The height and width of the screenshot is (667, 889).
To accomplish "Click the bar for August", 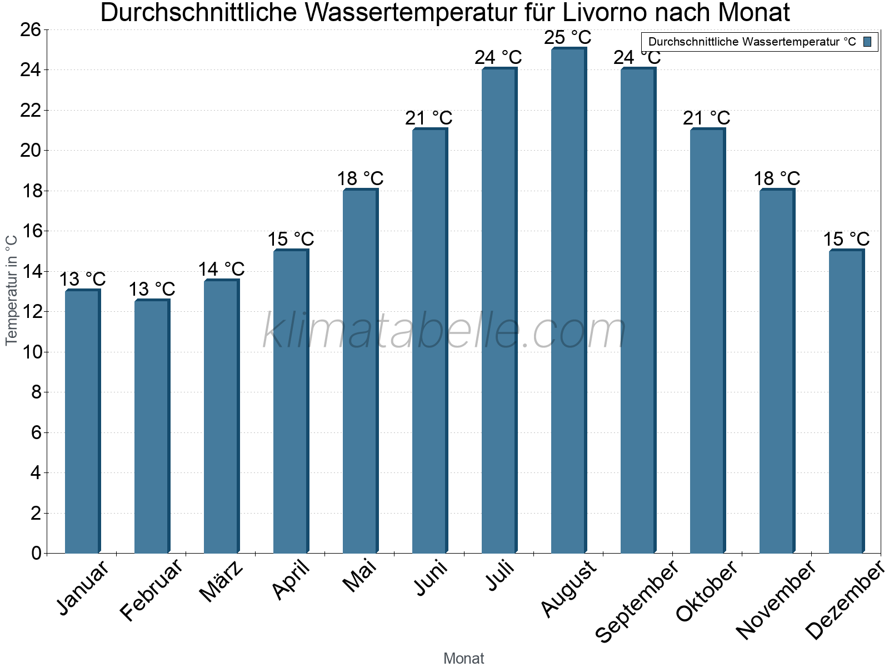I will point(568,300).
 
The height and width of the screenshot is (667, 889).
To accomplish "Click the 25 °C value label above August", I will point(567,38).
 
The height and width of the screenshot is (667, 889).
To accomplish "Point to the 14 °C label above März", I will point(221,270).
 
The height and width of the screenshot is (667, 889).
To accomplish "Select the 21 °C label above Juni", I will point(428,118).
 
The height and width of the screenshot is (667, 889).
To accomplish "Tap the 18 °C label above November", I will point(776,179).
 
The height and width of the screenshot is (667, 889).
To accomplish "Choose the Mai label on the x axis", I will point(360,576).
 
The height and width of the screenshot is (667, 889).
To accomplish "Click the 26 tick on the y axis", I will point(31,29).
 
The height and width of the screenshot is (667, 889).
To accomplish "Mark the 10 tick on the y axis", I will point(31,352).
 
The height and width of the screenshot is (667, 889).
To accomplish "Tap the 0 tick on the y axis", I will point(36,553).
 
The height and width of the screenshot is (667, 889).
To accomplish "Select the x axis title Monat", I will point(463,658).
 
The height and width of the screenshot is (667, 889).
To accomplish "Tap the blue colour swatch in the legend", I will point(867,42).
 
